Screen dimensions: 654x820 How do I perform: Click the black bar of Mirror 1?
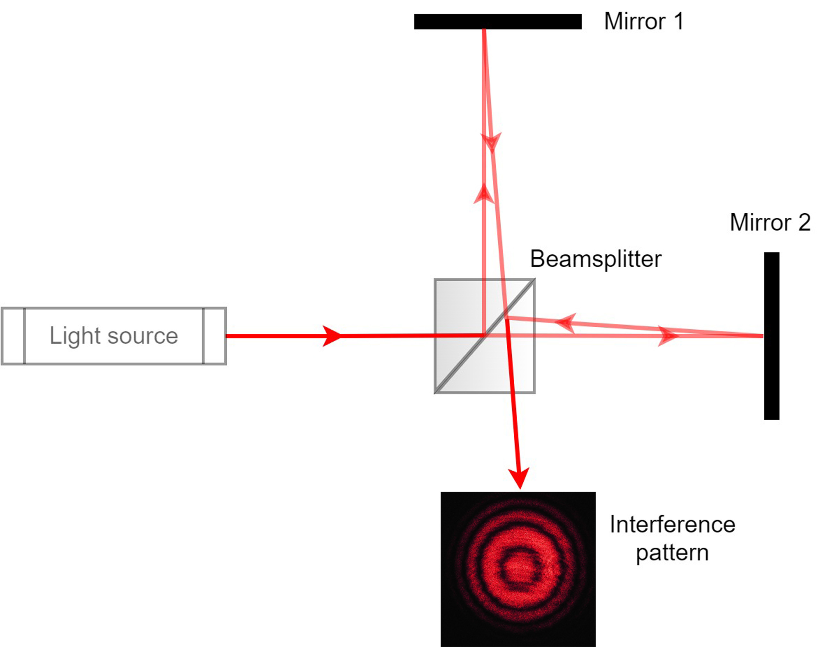(497, 22)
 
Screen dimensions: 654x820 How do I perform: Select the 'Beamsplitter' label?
(596, 259)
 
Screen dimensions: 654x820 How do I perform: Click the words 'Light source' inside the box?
(114, 336)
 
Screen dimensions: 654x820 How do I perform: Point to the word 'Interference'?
(672, 525)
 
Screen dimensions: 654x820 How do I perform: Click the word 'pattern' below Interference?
(672, 553)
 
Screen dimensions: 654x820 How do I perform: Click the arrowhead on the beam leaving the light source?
(332, 336)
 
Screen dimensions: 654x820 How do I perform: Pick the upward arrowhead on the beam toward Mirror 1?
(484, 194)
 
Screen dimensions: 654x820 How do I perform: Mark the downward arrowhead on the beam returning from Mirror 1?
(492, 142)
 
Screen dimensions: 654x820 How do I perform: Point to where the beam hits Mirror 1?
(484, 30)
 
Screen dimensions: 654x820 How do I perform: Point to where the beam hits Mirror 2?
(763, 336)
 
